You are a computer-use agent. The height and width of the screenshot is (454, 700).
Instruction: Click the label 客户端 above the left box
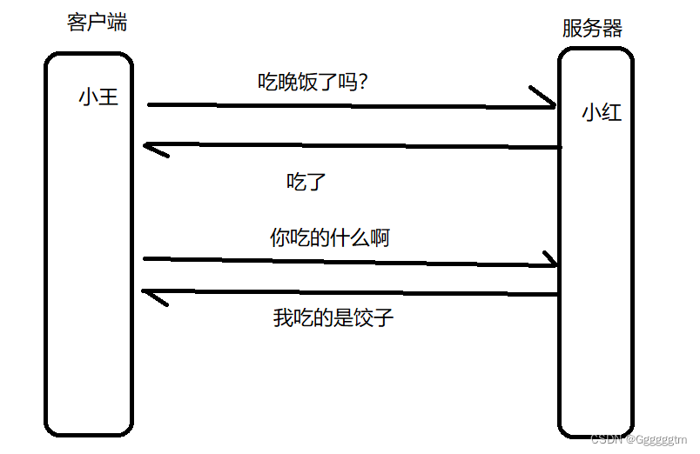coord(97,23)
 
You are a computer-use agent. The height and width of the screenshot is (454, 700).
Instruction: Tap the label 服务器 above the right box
coord(592,29)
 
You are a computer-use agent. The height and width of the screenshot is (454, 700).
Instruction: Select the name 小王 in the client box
coord(98,97)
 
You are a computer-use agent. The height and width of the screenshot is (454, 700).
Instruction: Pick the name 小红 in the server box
coord(602,112)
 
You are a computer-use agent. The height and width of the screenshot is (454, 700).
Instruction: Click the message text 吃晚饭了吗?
coord(313,82)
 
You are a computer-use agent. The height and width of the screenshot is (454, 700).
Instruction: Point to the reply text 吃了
coord(306,183)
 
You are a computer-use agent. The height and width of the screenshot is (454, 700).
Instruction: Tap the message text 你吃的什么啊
coord(329,237)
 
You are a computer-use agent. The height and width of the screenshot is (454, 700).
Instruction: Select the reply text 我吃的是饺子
coord(333,317)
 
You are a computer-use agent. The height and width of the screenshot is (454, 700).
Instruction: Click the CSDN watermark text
coord(640,441)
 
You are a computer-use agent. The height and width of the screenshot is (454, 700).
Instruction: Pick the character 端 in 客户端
coord(117,23)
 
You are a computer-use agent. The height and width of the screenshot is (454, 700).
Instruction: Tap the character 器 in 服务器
coord(612,29)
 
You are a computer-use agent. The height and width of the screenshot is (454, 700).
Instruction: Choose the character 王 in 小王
coord(108,97)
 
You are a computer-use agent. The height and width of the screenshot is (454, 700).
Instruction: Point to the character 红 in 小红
coord(612,112)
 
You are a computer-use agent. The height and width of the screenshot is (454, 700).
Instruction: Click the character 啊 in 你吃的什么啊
coord(379,237)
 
